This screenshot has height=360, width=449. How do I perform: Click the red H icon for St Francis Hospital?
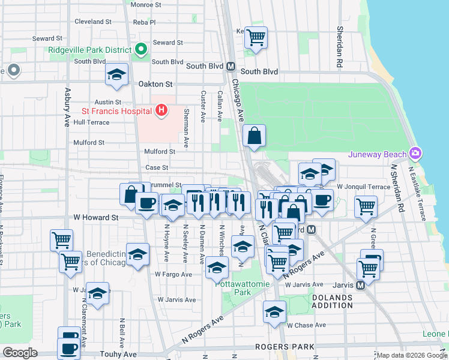pyautogui.click(x=161, y=110)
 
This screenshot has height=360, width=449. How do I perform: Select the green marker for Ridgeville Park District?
pyautogui.click(x=142, y=49)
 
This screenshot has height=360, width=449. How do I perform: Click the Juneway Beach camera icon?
pyautogui.click(x=414, y=154)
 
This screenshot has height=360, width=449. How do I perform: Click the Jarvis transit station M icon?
pyautogui.click(x=360, y=286)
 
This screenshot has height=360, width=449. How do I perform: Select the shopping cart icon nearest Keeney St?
pyautogui.click(x=256, y=37)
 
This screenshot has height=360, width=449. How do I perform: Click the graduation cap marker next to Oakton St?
pyautogui.click(x=116, y=74)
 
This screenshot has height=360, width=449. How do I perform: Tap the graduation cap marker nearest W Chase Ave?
pyautogui.click(x=274, y=312)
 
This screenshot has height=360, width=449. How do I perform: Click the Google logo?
pyautogui.click(x=20, y=352)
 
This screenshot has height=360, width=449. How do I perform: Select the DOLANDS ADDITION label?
pyautogui.click(x=332, y=301)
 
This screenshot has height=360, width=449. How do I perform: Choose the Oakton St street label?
pyautogui.click(x=155, y=85)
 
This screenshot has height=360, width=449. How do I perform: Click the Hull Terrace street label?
pyautogui.click(x=91, y=122)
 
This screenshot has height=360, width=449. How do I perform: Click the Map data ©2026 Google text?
pyautogui.click(x=411, y=355)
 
